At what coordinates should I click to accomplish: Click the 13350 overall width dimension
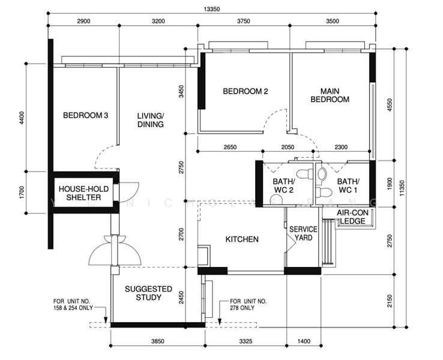(212, 9)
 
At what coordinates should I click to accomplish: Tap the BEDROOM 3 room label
(86, 115)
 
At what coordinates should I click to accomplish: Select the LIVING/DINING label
(151, 120)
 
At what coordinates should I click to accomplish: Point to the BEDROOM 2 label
(246, 91)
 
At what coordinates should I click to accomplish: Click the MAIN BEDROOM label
(330, 95)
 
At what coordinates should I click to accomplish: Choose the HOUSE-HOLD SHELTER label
(83, 193)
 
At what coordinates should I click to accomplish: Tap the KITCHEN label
(242, 239)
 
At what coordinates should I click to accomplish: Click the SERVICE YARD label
(303, 233)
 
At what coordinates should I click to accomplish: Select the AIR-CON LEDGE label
(352, 217)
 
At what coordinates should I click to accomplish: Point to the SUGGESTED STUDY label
(148, 293)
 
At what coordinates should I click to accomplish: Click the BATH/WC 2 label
(284, 185)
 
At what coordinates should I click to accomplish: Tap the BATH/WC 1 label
(348, 185)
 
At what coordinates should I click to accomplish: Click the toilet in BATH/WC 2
(305, 173)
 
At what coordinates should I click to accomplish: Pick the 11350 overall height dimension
(402, 188)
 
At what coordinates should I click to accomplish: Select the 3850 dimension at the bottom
(157, 341)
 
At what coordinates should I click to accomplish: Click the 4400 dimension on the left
(22, 118)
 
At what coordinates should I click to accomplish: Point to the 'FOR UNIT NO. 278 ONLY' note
(248, 304)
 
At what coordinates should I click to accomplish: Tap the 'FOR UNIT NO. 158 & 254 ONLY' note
(73, 304)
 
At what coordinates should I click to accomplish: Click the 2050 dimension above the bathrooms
(288, 147)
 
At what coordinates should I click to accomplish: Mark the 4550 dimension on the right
(390, 105)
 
